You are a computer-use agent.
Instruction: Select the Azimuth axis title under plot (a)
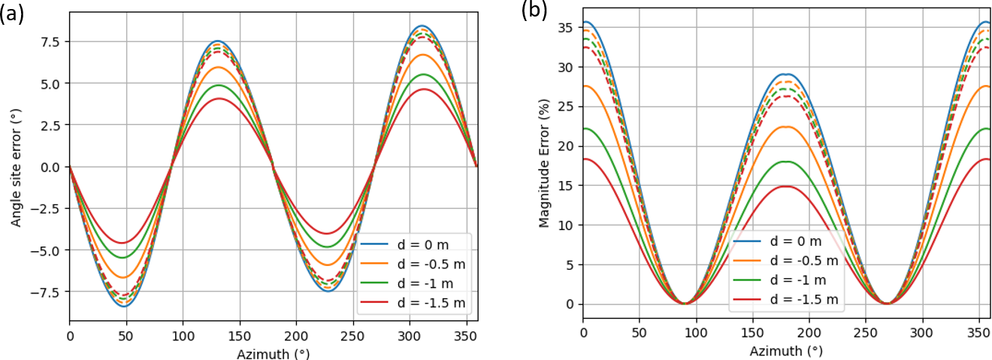click(274, 353)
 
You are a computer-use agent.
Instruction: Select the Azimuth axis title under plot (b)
click(786, 350)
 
